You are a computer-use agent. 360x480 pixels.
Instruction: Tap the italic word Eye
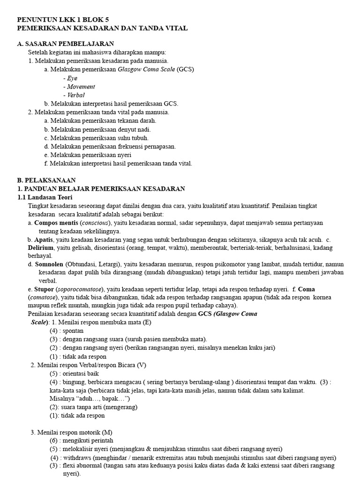(72, 78)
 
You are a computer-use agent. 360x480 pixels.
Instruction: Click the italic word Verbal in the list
(76, 95)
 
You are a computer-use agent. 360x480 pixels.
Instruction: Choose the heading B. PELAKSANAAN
(46, 180)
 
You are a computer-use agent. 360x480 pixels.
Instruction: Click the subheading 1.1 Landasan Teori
(45, 197)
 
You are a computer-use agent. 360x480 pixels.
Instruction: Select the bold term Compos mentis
(56, 223)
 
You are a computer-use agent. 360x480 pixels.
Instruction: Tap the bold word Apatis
(44, 240)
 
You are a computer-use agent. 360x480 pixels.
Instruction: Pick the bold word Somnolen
(49, 264)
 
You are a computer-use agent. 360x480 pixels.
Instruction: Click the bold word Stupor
(44, 289)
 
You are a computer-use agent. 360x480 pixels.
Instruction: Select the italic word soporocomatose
(89, 289)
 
